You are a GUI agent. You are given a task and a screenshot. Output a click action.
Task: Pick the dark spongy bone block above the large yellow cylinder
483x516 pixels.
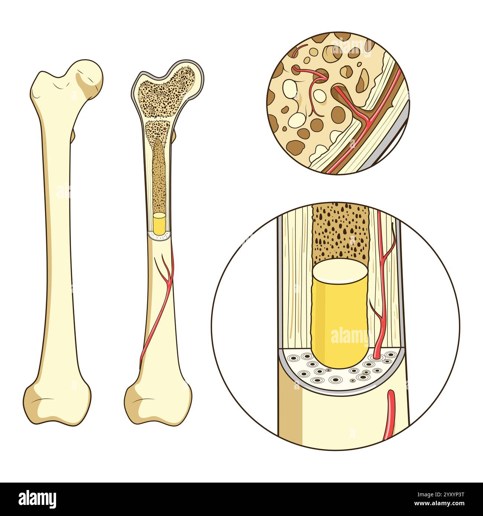[x=341, y=232]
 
